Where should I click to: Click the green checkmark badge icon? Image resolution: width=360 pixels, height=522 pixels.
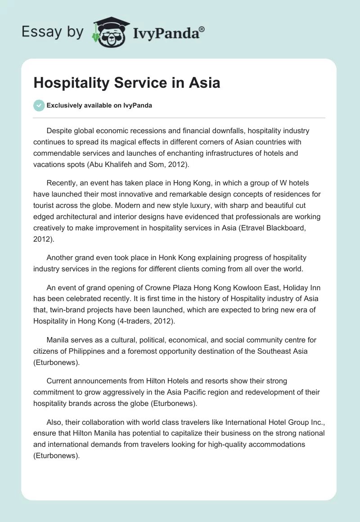pyautogui.click(x=39, y=106)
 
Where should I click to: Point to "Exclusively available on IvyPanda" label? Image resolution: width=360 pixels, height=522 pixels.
pyautogui.click(x=99, y=106)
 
